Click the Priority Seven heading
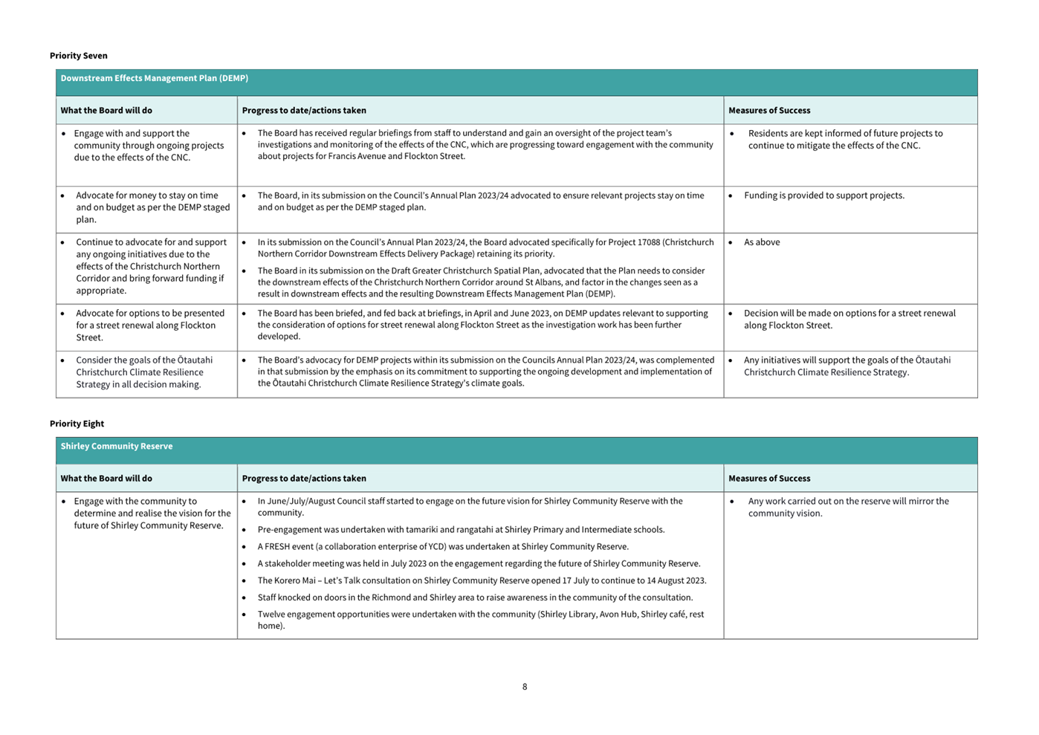click(x=78, y=56)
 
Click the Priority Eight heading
click(x=77, y=424)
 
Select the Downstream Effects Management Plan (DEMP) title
click(x=154, y=78)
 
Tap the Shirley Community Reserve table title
click(x=116, y=446)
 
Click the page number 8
click(x=525, y=687)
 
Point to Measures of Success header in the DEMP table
click(x=769, y=110)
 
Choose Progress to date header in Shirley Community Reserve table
click(x=303, y=478)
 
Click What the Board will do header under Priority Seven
click(x=106, y=110)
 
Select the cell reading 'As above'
click(x=762, y=242)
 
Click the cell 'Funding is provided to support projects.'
click(x=823, y=195)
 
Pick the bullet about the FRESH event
click(x=442, y=546)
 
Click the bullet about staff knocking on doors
click(x=474, y=598)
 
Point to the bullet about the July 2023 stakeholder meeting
click(x=478, y=563)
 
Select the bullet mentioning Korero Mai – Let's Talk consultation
click(x=481, y=580)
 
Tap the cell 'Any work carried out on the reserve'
click(x=847, y=507)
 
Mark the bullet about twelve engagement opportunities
click(x=480, y=620)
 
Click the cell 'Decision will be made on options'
click(x=849, y=319)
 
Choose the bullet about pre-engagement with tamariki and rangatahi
click(x=460, y=530)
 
